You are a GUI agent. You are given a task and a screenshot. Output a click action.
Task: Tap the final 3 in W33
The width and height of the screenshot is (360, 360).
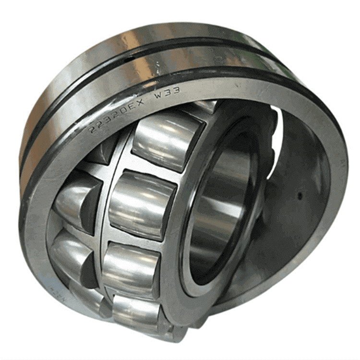tap(175, 90)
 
